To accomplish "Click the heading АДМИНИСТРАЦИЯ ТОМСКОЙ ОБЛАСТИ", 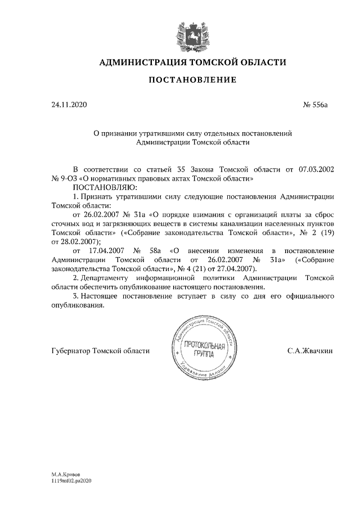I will click(192, 62).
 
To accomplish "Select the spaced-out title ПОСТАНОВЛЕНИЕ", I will click(192, 80).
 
